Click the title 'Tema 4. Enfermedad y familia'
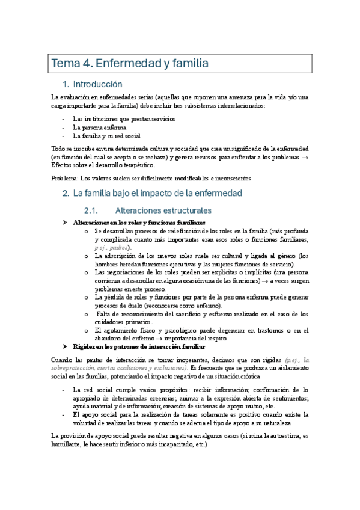[x=130, y=63]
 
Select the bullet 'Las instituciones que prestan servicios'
[x=124, y=119]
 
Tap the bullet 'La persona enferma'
[x=99, y=127]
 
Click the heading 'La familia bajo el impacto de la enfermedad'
[x=157, y=194]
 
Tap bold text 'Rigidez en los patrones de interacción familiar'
[x=138, y=347]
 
